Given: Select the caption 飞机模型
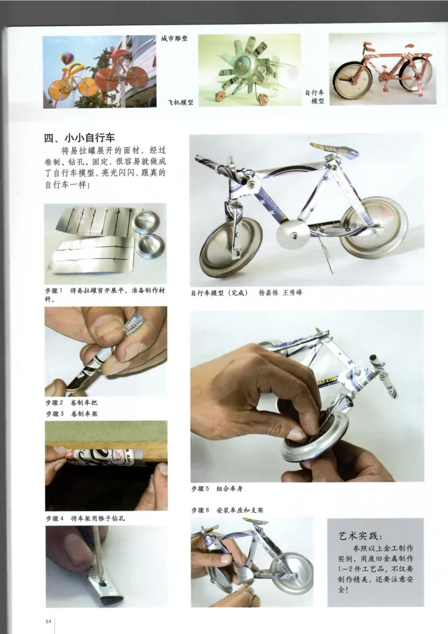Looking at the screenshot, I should tap(180, 102).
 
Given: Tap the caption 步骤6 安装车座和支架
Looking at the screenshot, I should tap(227, 510).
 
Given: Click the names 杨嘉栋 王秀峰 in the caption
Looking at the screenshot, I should tap(280, 292).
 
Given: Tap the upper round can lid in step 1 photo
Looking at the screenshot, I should tap(146, 222).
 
